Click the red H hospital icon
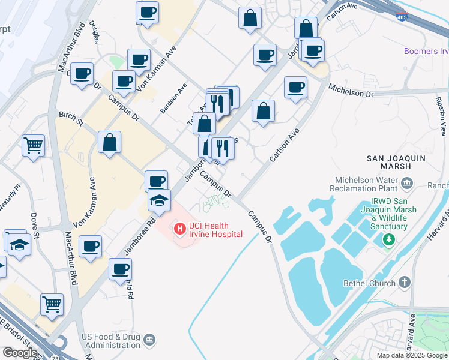point(179,228)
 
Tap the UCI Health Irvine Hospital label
point(215,229)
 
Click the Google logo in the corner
point(20,353)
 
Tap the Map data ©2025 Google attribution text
point(412,355)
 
